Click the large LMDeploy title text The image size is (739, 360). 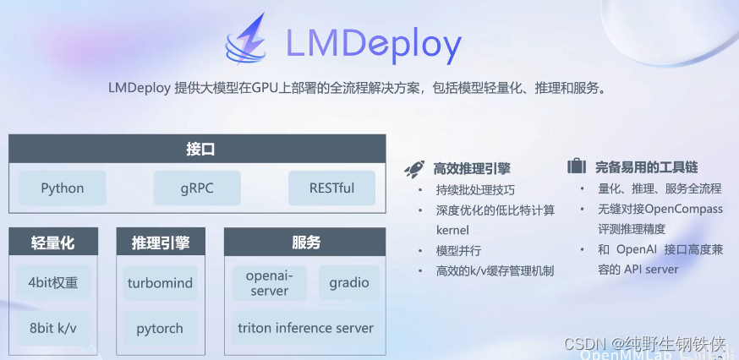(374, 44)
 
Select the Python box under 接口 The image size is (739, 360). (63, 188)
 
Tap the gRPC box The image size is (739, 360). (197, 188)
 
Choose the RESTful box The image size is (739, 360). (331, 188)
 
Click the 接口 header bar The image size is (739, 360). (199, 150)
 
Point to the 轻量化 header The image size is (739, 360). (53, 243)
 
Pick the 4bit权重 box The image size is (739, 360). (53, 282)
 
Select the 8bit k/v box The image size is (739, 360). (53, 327)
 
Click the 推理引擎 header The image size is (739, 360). (161, 243)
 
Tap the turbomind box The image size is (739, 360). (161, 282)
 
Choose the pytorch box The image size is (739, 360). (161, 327)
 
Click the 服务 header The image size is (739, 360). (306, 243)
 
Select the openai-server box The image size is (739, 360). (269, 282)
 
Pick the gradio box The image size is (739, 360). (349, 282)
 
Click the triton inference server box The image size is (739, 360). (306, 327)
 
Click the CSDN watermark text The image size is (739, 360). (646, 344)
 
